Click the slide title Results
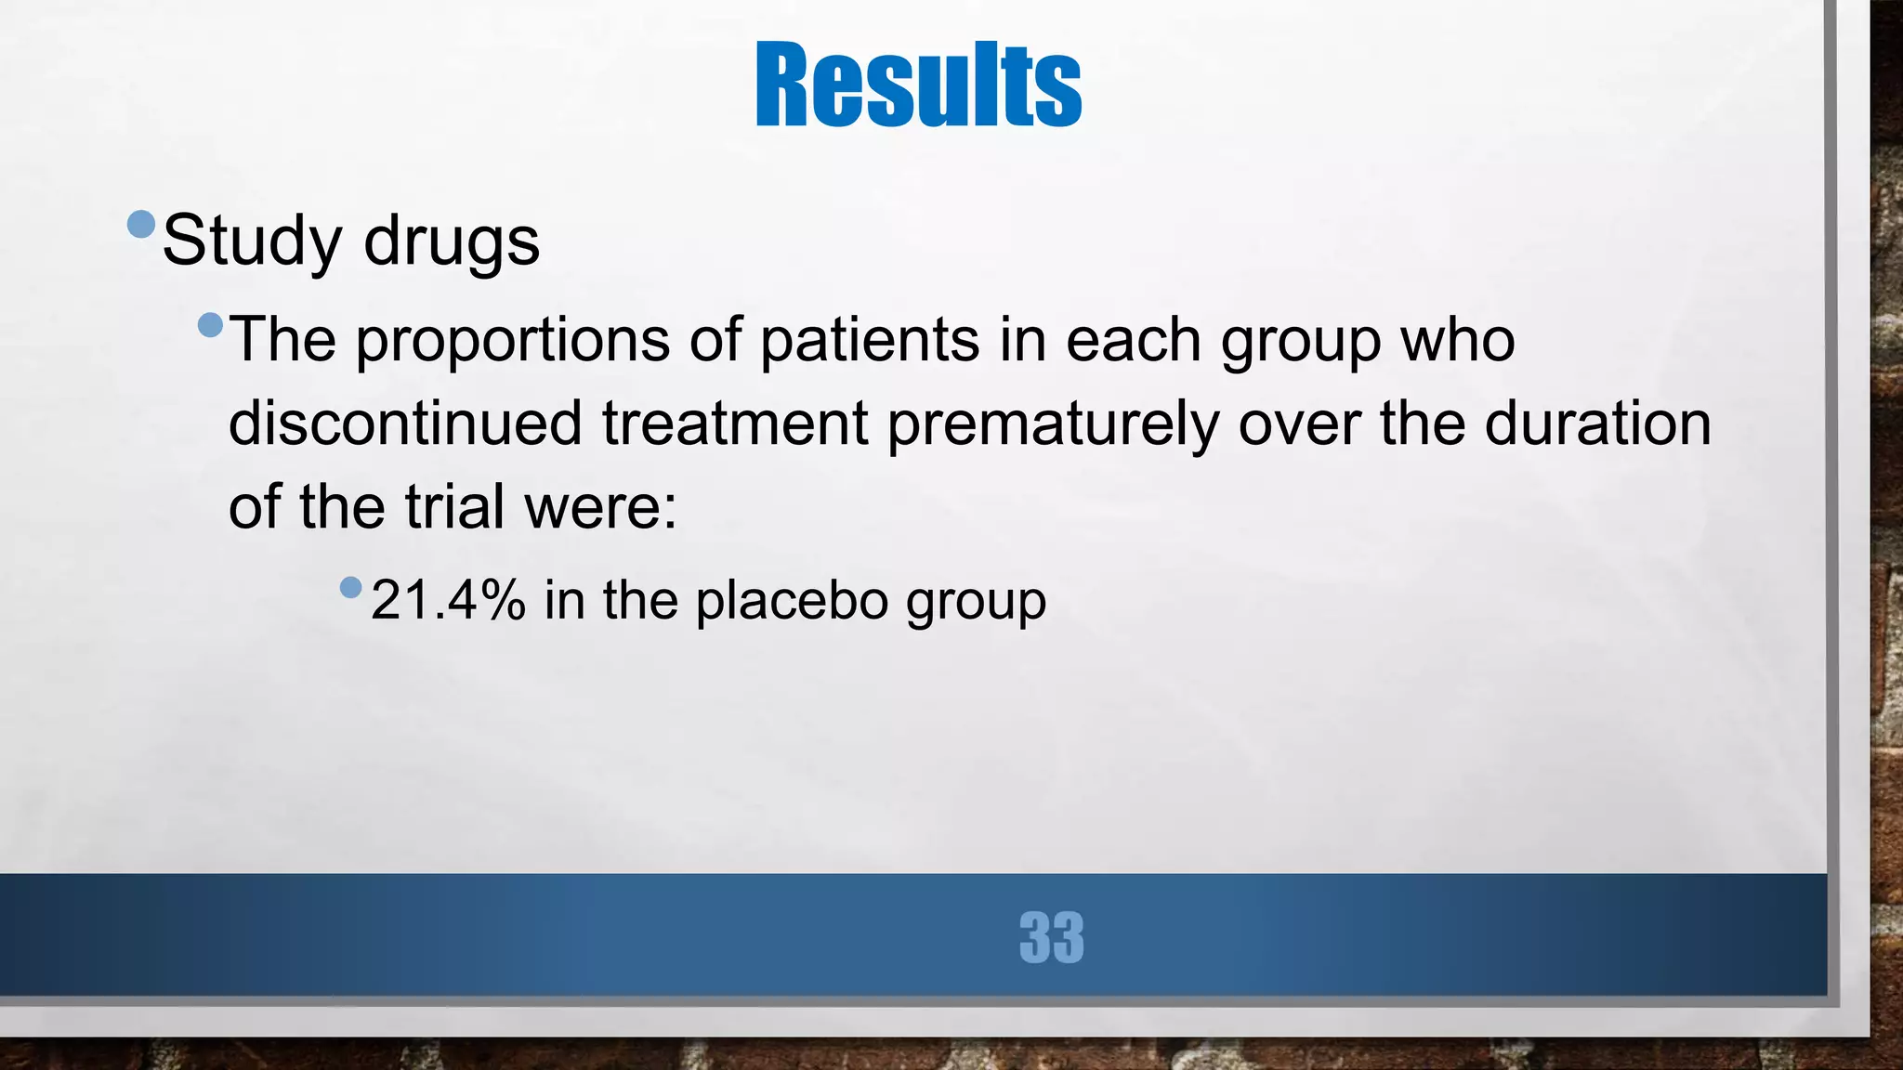coord(918,85)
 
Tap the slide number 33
coord(1051,937)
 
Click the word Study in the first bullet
coord(252,241)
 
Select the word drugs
coord(452,241)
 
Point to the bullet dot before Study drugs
coord(141,224)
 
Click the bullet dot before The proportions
coord(211,325)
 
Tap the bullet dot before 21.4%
coord(350,587)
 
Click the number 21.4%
coord(448,600)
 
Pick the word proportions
coord(512,340)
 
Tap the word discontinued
coord(405,424)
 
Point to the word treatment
coord(735,424)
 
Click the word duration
coord(1597,424)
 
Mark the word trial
coord(454,507)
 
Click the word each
coord(1133,340)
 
